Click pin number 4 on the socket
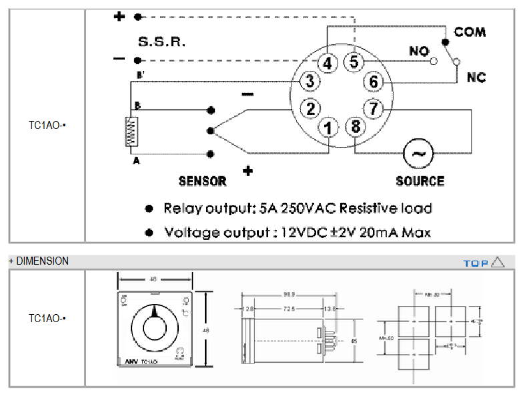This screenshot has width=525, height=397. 327,63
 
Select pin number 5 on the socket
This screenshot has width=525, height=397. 354,62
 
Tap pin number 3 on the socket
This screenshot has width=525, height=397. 309,82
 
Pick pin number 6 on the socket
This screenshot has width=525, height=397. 374,82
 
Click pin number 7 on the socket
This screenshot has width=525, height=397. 374,108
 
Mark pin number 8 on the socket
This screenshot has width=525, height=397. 355,126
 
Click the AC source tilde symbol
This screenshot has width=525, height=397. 418,154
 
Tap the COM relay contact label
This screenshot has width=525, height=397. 470,31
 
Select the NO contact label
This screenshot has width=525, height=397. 419,51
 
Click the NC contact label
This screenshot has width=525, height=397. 476,78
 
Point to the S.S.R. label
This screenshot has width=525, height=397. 161,42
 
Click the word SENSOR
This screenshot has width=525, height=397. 202,180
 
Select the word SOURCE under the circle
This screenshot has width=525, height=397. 420,180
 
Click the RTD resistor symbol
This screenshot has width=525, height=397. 131,131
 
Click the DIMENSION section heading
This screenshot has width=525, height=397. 41,261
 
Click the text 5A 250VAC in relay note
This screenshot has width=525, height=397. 295,208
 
